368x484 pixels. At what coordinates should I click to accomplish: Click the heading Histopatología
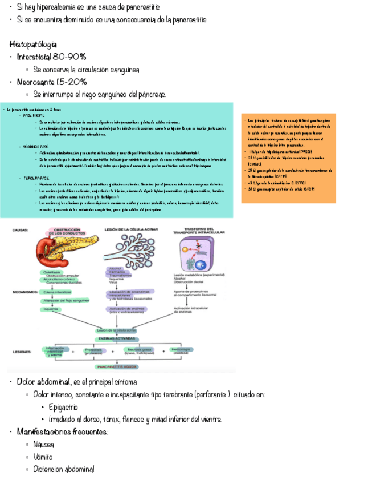(x=33, y=45)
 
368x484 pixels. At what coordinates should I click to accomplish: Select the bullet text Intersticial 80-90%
(x=51, y=57)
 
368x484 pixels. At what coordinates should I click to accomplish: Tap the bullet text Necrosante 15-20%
(x=52, y=82)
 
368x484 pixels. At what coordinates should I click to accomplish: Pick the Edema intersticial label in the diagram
(x=56, y=291)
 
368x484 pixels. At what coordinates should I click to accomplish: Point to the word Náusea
(x=44, y=444)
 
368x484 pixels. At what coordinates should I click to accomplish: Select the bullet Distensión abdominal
(x=63, y=469)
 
